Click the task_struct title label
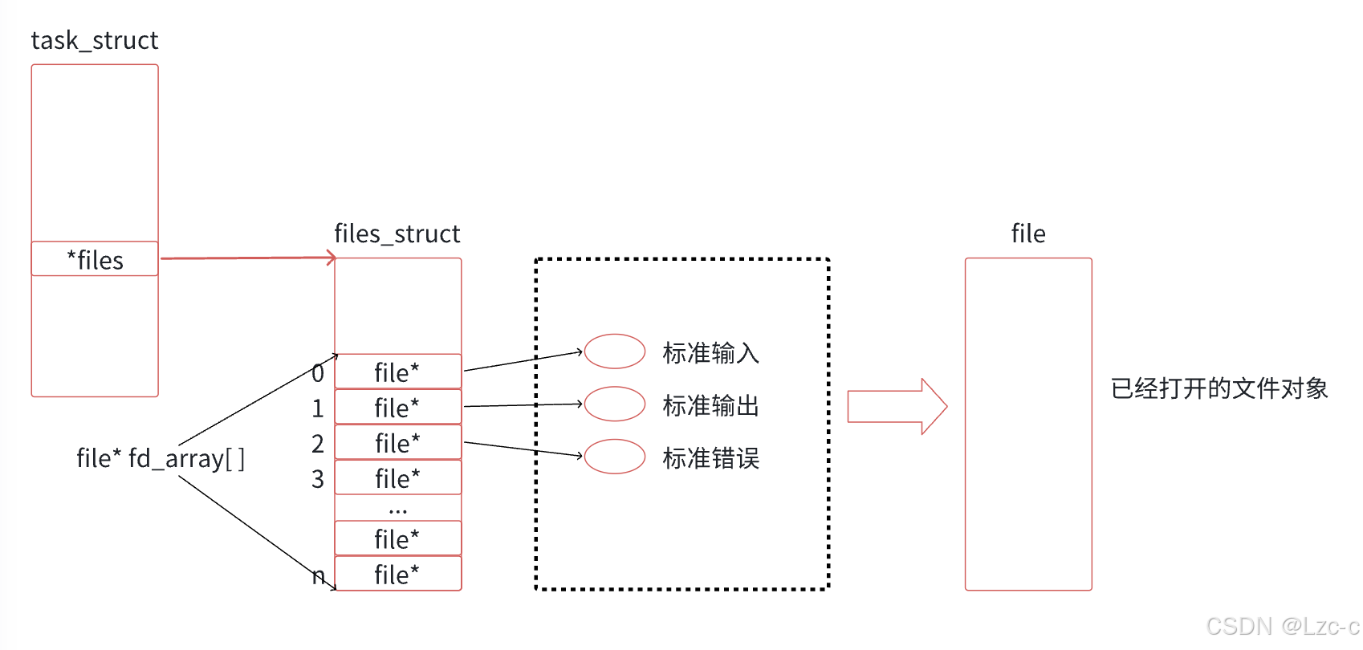[x=94, y=41]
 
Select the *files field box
[x=95, y=259]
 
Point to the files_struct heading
[x=397, y=234]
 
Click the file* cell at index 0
[x=398, y=372]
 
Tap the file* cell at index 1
[x=398, y=407]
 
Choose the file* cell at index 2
[x=398, y=442]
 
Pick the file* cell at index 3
[x=398, y=477]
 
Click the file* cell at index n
[x=398, y=574]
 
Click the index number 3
[x=318, y=479]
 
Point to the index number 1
[x=318, y=408]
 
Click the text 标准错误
[x=710, y=458]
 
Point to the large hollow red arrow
[x=897, y=406]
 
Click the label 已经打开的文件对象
[x=1219, y=388]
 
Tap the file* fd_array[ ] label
[x=161, y=458]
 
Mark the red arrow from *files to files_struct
[x=248, y=258]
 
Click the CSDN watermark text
[x=1283, y=626]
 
